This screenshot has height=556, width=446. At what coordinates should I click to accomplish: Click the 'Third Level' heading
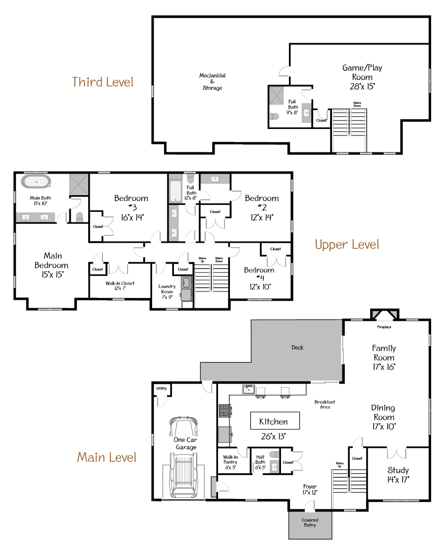click(x=103, y=82)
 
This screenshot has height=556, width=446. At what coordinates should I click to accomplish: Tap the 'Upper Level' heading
click(x=347, y=245)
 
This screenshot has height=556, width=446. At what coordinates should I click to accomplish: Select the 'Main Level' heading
click(x=107, y=457)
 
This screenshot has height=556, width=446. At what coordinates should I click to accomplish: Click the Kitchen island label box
click(x=275, y=421)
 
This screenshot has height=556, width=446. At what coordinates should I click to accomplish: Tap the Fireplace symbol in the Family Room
click(x=385, y=316)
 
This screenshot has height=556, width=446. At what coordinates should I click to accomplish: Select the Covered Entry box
click(x=310, y=524)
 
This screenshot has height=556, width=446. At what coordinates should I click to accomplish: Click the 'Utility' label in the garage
click(x=161, y=389)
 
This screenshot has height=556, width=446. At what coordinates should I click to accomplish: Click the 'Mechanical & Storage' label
click(x=212, y=82)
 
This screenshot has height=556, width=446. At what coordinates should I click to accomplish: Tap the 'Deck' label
click(x=297, y=348)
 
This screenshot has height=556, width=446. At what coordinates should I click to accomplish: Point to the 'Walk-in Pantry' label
click(x=230, y=462)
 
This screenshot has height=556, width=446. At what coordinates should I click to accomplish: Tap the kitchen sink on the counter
click(x=248, y=390)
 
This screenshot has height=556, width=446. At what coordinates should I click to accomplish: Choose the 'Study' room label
click(x=398, y=475)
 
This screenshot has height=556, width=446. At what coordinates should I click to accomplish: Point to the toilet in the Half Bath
click(x=273, y=454)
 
